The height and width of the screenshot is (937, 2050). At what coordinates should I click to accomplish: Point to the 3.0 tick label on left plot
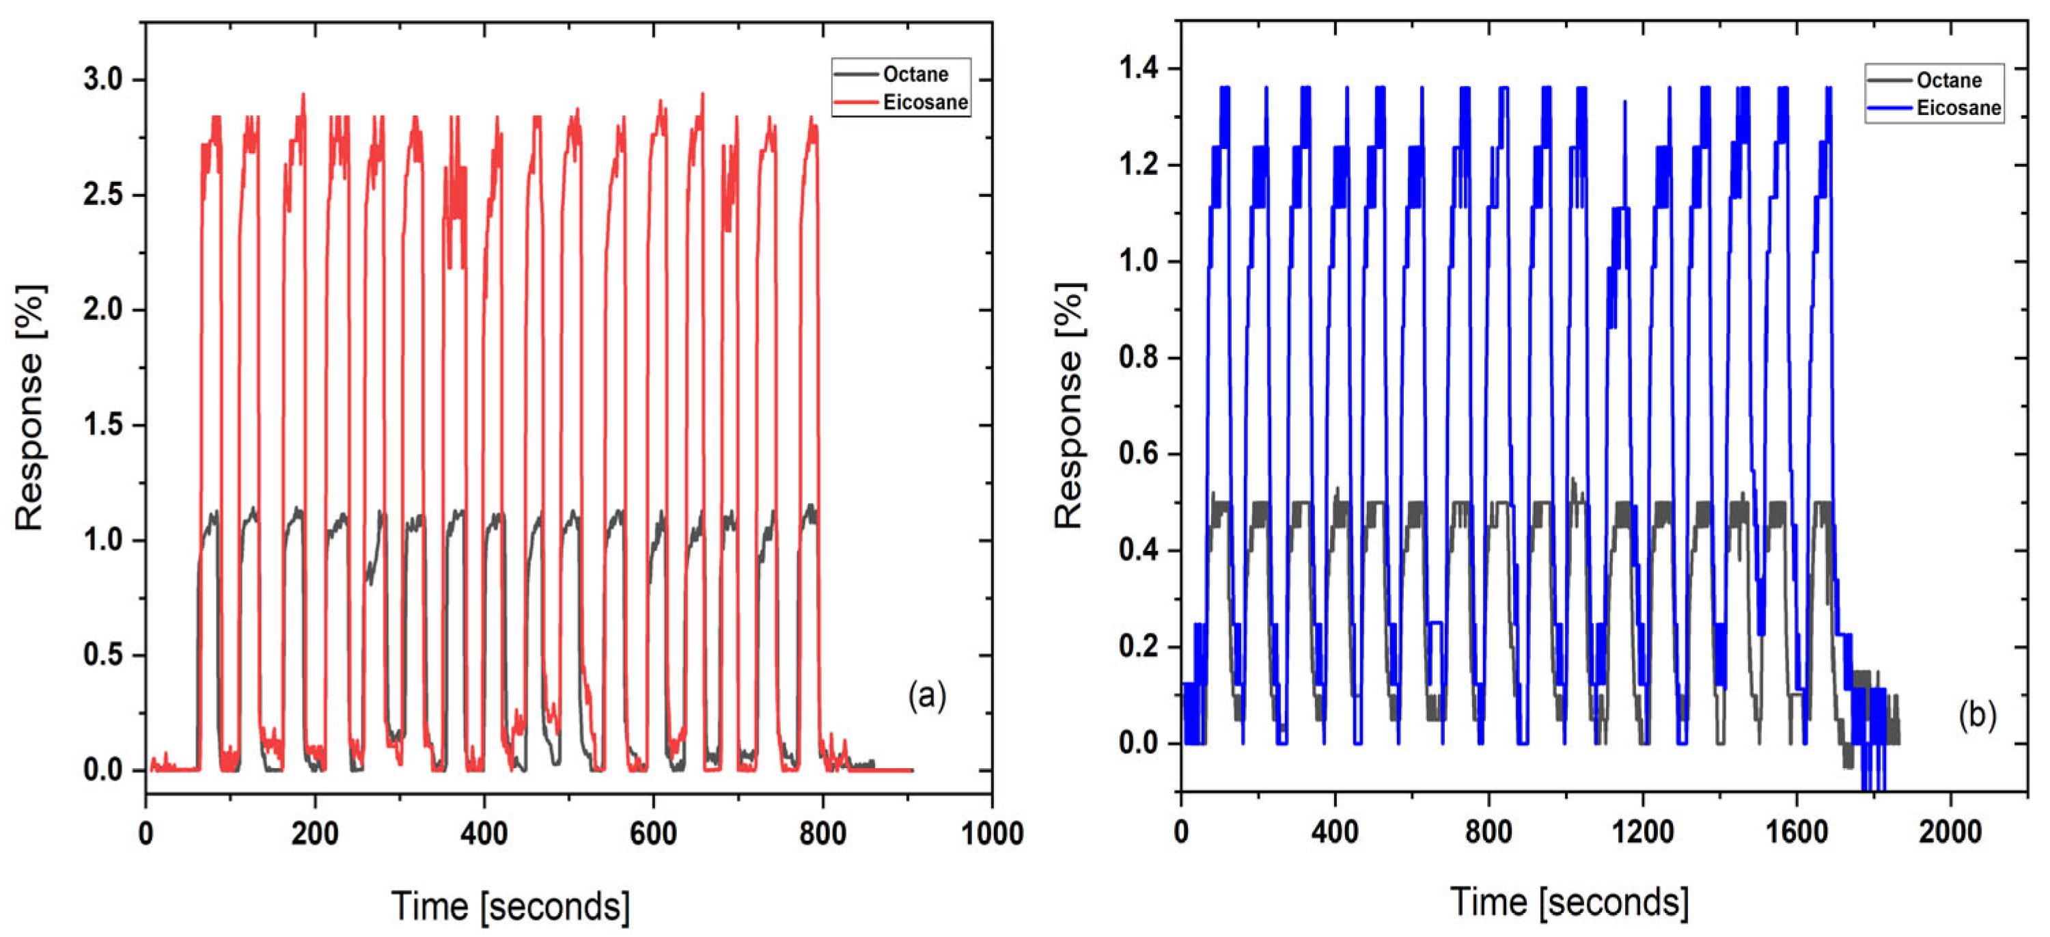(103, 79)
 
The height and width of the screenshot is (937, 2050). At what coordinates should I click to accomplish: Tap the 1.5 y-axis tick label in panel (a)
(103, 425)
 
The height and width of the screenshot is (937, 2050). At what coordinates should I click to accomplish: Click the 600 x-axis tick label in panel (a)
(652, 834)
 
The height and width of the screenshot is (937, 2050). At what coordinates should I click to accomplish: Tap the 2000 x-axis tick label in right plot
(1949, 832)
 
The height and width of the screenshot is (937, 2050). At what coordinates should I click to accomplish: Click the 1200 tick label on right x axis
(1642, 832)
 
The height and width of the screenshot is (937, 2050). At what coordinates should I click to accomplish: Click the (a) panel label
(927, 696)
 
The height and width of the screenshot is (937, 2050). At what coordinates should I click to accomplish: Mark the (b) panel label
(1977, 715)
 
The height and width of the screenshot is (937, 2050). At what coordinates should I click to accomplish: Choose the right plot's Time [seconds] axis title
(1569, 902)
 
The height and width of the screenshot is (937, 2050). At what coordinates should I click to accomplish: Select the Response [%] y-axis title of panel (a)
(30, 407)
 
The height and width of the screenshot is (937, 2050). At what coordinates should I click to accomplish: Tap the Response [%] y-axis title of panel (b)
(1069, 405)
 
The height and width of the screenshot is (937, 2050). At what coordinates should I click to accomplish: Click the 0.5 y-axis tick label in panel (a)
(103, 655)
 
